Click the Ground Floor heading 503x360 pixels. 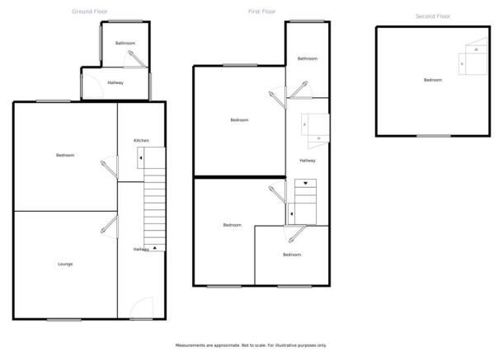tap(90, 12)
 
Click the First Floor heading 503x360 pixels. tap(261, 12)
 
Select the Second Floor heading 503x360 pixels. tap(433, 16)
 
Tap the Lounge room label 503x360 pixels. tap(65, 264)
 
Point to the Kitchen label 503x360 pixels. tap(142, 140)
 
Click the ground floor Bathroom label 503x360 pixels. tap(125, 43)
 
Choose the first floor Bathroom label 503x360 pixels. tap(308, 58)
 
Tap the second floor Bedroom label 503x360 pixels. tap(433, 80)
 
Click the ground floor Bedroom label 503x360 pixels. tap(65, 155)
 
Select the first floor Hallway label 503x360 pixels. tap(308, 161)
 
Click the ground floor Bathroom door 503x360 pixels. tap(137, 58)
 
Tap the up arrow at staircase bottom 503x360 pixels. tap(155, 248)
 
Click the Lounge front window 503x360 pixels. tap(64, 320)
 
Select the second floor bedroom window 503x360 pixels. tap(434, 136)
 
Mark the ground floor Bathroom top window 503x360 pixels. tap(125, 21)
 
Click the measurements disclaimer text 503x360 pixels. tap(251, 345)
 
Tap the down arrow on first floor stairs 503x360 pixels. tap(305, 183)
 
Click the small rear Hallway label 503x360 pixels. tap(115, 82)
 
